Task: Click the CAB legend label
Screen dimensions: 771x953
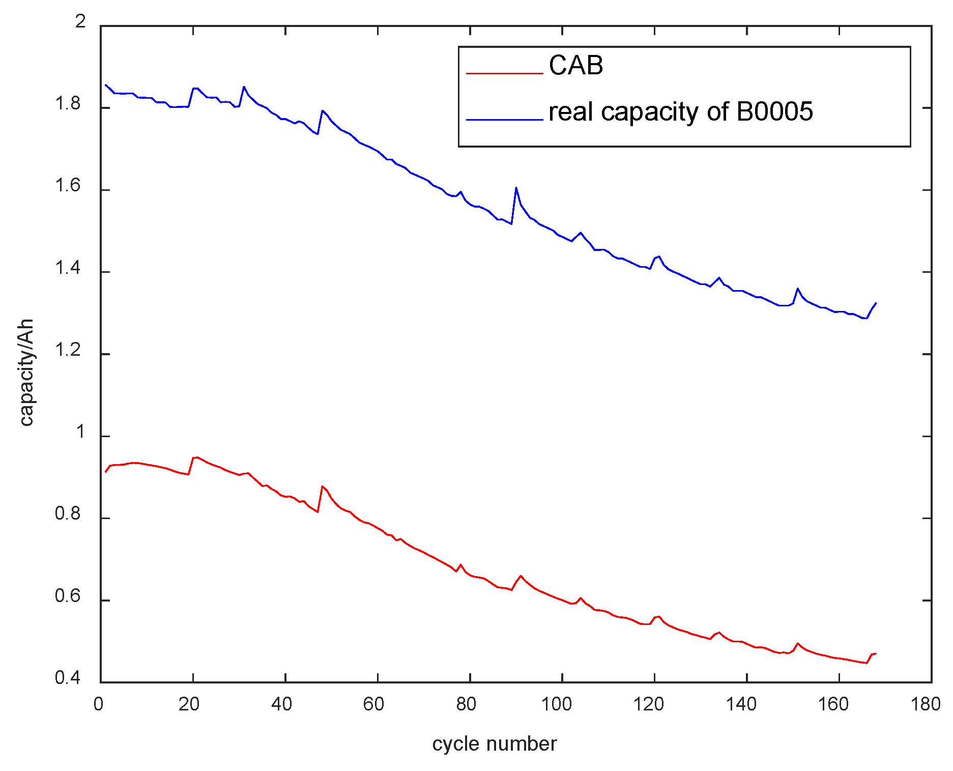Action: point(575,66)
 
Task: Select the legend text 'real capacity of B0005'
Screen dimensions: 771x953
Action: point(680,112)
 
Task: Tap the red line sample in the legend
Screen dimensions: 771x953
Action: point(504,74)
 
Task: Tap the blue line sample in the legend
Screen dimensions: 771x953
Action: point(504,120)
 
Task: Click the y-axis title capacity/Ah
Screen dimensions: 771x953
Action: point(26,373)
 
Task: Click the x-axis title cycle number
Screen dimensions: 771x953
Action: point(494,744)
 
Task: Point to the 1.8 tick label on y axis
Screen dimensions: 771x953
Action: point(68,104)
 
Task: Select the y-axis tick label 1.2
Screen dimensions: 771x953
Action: point(68,351)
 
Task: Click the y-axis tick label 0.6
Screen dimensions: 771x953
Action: point(68,596)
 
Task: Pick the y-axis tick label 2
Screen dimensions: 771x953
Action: point(80,22)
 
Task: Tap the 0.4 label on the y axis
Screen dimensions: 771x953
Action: point(68,678)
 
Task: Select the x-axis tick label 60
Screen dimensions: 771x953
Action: point(373,704)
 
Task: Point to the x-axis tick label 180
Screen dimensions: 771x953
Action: point(925,704)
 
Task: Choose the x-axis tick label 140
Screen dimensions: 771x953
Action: point(741,704)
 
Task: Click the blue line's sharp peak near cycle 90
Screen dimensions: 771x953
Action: point(516,187)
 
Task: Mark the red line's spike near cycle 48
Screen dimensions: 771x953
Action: point(322,487)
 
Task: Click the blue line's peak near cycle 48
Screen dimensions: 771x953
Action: point(322,110)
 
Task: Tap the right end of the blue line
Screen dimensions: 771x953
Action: point(876,303)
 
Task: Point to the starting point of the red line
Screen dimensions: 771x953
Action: point(105,472)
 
